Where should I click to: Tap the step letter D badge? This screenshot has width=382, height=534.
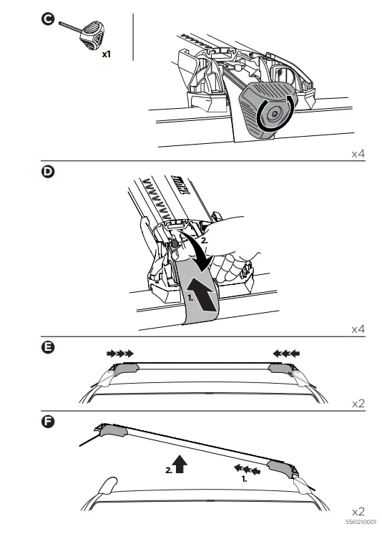pyautogui.click(x=47, y=173)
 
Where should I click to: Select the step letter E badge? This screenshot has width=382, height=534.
pyautogui.click(x=47, y=348)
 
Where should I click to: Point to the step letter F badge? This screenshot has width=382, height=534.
pyautogui.click(x=47, y=420)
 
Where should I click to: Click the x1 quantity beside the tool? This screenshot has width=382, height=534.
pyautogui.click(x=106, y=54)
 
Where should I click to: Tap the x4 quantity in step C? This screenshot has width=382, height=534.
pyautogui.click(x=358, y=153)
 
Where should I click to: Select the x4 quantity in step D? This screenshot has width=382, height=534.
pyautogui.click(x=358, y=329)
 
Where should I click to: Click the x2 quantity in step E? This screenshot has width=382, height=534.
pyautogui.click(x=358, y=404)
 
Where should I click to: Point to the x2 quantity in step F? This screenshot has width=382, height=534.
pyautogui.click(x=358, y=511)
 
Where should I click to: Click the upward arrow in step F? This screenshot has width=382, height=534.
pyautogui.click(x=179, y=465)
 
